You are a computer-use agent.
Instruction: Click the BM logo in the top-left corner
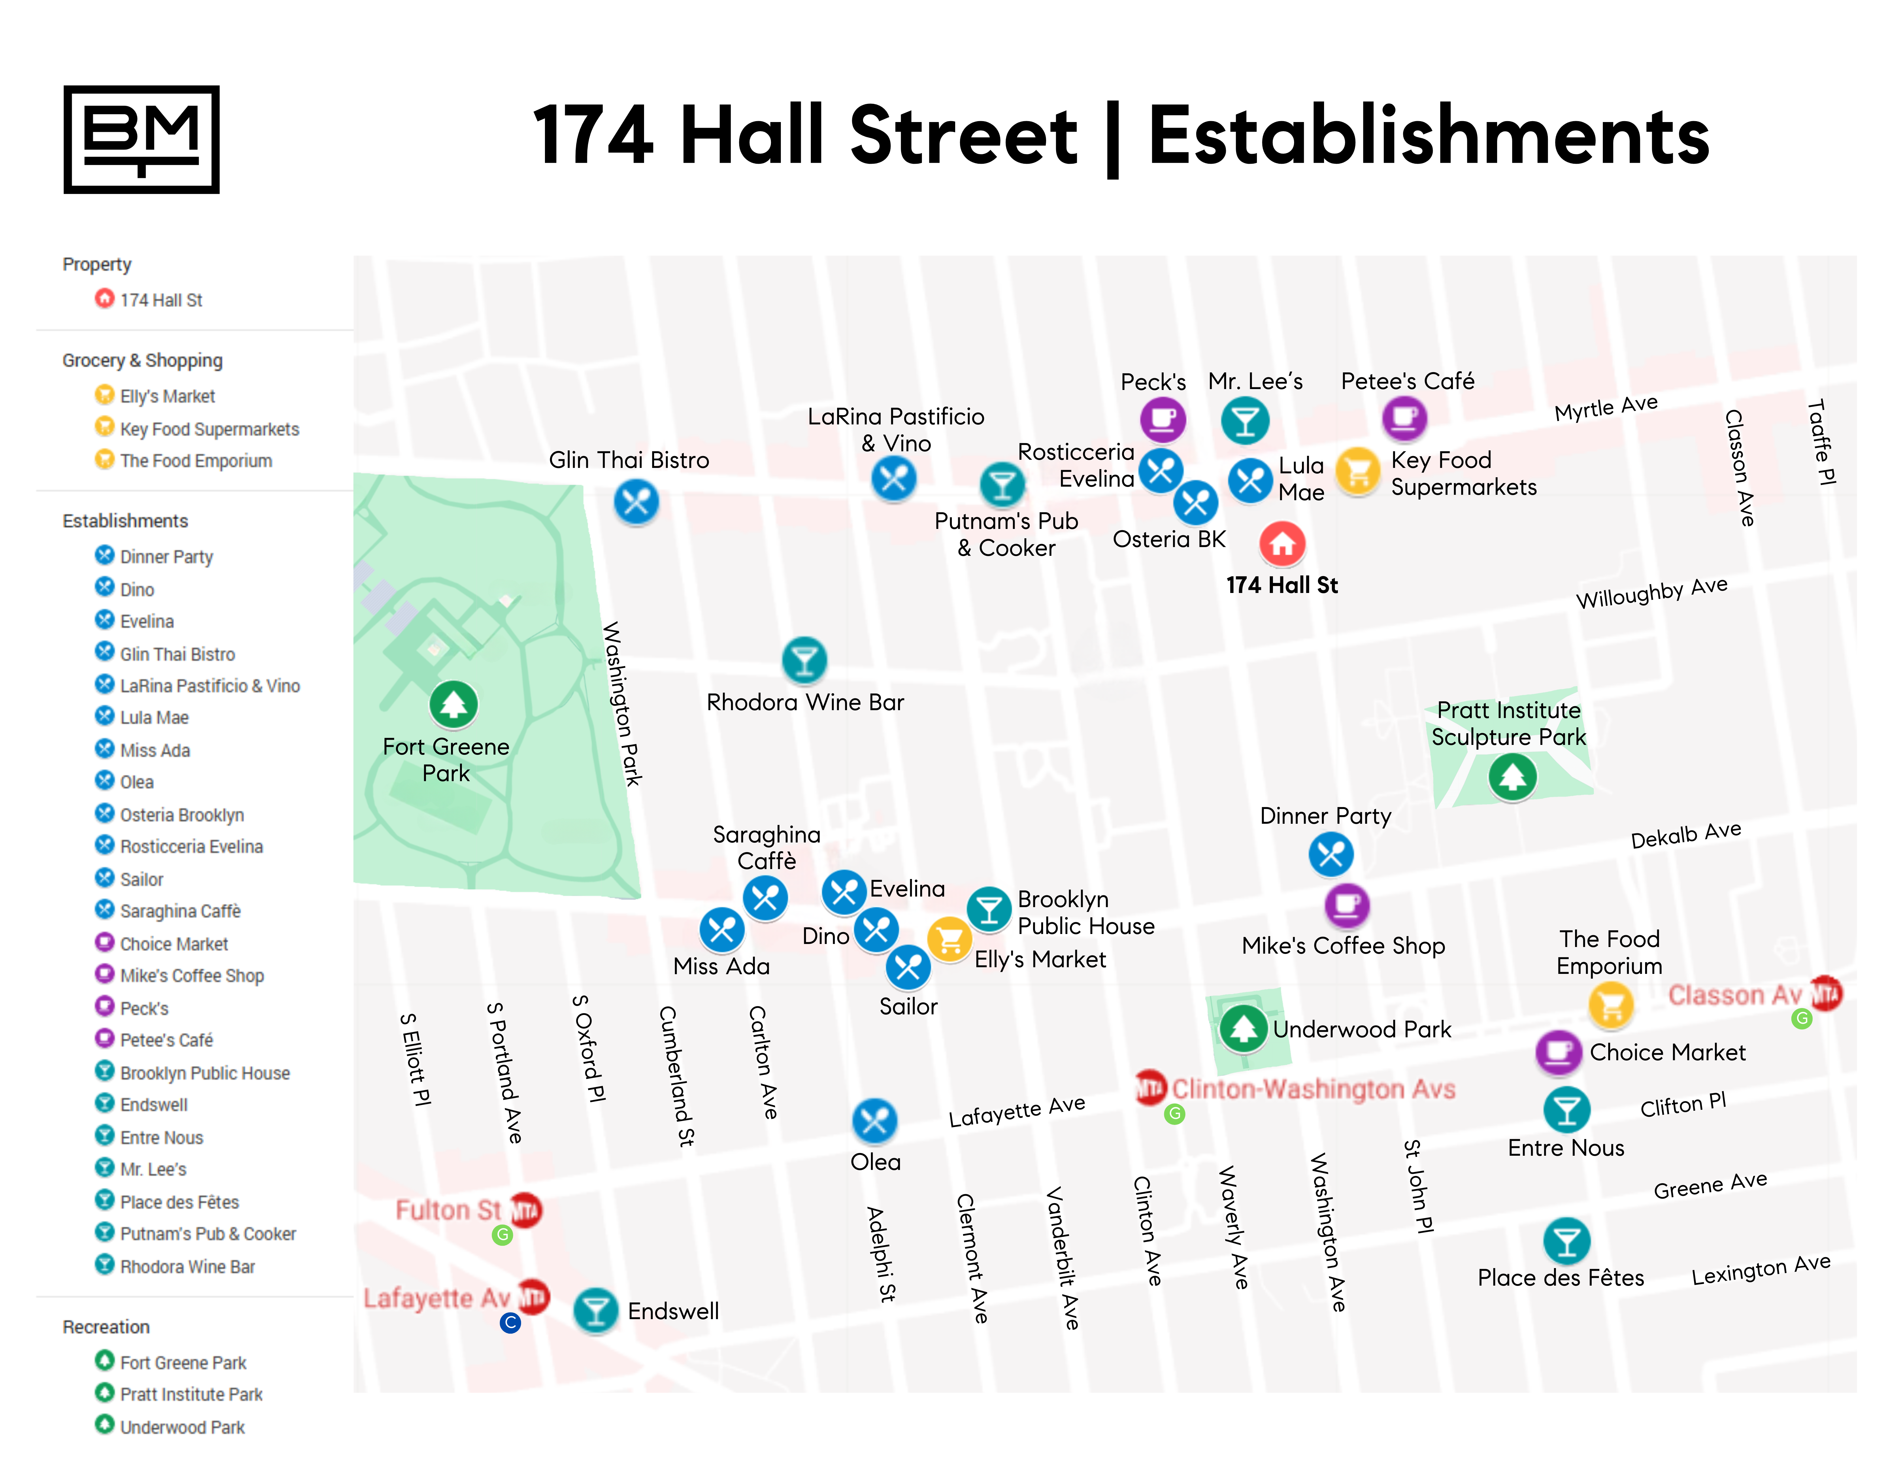click(x=142, y=139)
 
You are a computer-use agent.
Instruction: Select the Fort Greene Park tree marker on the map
click(x=453, y=704)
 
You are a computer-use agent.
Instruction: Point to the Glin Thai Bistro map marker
click(x=636, y=501)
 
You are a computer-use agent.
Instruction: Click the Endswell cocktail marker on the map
click(x=596, y=1310)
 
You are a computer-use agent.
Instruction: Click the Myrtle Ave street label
click(x=1605, y=408)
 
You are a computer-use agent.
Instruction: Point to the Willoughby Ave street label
click(x=1651, y=593)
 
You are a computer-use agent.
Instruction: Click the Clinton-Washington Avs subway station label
click(x=1313, y=1089)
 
